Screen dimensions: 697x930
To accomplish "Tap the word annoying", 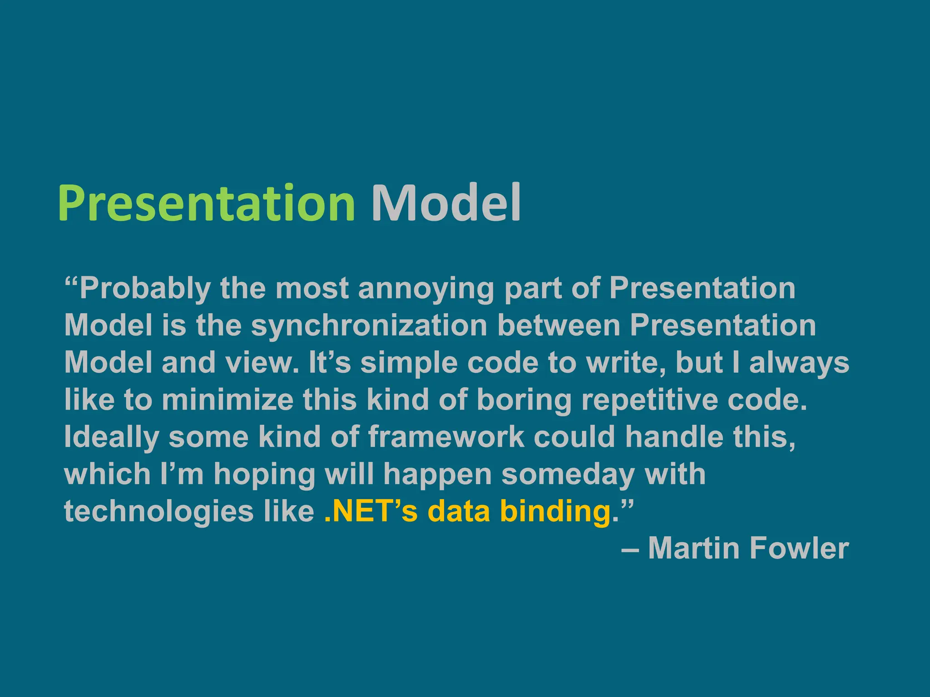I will (x=426, y=289).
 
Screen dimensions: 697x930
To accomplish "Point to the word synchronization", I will (x=369, y=326).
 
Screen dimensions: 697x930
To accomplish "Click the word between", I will (x=559, y=326).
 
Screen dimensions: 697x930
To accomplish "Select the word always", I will (x=799, y=363).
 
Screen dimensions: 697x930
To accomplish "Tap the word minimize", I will (x=228, y=400).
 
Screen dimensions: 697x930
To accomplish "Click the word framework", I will (x=446, y=437).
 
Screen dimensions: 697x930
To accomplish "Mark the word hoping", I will (x=265, y=474).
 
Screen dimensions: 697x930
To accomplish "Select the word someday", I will (x=568, y=474).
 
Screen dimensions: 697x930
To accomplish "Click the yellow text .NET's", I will (x=371, y=511).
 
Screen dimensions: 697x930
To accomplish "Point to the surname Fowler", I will (x=799, y=548).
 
